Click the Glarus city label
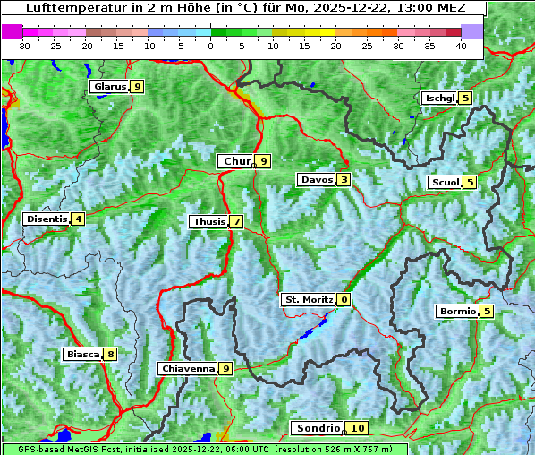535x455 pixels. [x=108, y=87]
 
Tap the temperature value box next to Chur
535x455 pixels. [x=264, y=161]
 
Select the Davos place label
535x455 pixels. [x=317, y=180]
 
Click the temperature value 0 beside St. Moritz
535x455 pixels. [x=344, y=300]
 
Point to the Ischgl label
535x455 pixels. [x=439, y=98]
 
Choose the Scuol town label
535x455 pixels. [x=446, y=183]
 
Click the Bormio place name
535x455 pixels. [x=457, y=312]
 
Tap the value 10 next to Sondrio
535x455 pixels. [x=357, y=429]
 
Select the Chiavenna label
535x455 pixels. [x=188, y=368]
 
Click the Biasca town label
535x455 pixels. [x=82, y=354]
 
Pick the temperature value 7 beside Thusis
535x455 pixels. [x=236, y=221]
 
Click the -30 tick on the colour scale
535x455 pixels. [x=23, y=45]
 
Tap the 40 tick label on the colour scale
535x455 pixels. [x=461, y=45]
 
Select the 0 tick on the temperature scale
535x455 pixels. [x=210, y=45]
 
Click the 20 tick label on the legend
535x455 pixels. [x=335, y=45]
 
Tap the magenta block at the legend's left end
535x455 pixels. [x=12, y=30]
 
